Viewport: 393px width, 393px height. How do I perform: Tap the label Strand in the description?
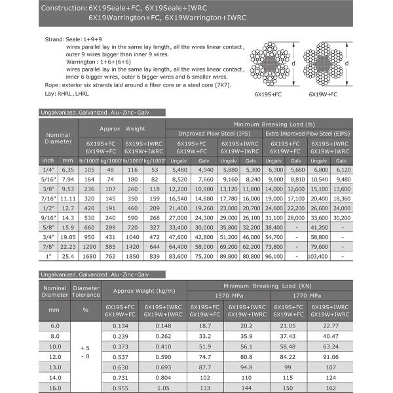54,40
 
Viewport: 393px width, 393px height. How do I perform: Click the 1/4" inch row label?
48,169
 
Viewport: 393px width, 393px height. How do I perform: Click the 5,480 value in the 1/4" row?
178,169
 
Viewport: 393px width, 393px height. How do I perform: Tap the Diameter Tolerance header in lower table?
85,291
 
